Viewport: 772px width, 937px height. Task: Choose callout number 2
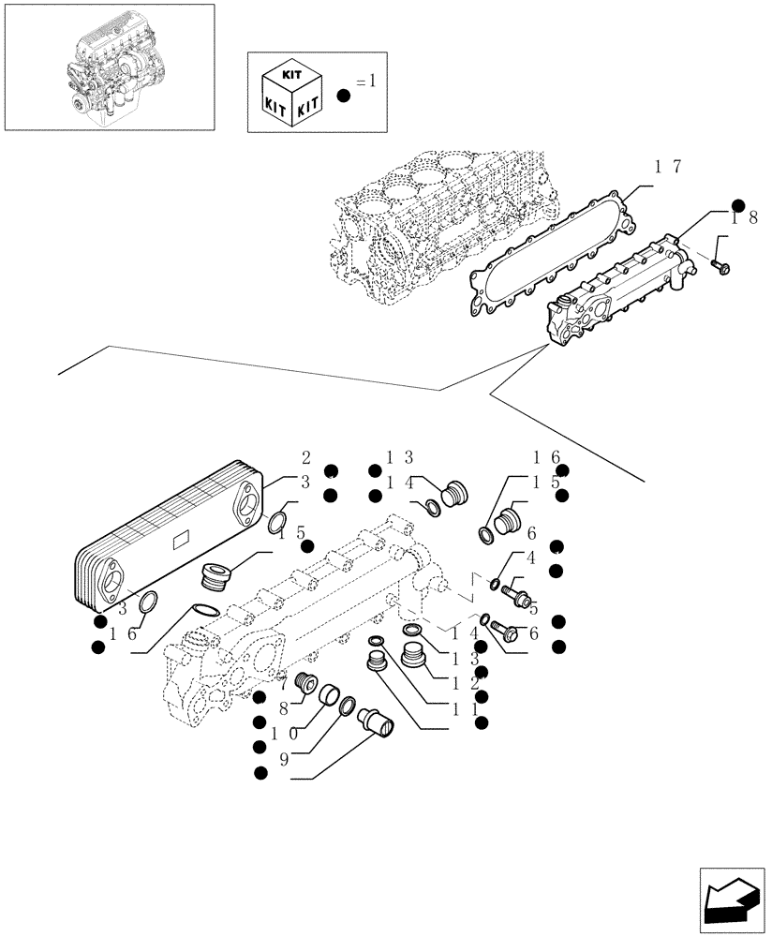pyautogui.click(x=305, y=458)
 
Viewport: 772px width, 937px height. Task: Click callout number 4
pyautogui.click(x=530, y=559)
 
